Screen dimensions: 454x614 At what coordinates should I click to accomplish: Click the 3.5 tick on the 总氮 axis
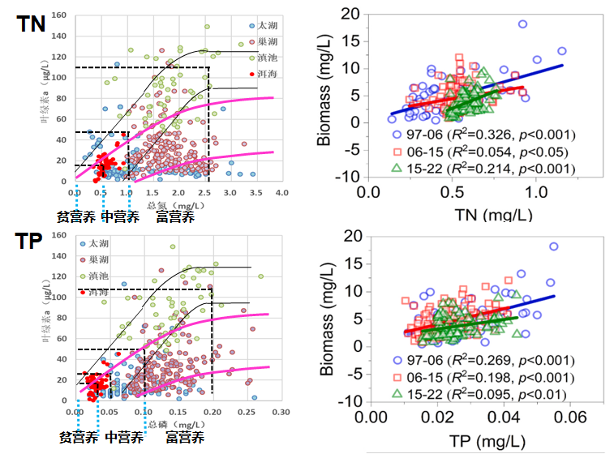click(255, 192)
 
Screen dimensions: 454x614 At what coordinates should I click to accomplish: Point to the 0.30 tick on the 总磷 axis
click(281, 412)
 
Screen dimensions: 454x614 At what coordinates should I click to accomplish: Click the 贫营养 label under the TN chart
click(75, 217)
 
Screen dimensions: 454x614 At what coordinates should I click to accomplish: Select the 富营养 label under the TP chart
click(184, 437)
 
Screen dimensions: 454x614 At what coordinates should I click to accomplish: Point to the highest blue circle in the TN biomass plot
click(522, 24)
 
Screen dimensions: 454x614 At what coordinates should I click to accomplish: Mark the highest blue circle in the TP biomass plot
click(554, 246)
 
